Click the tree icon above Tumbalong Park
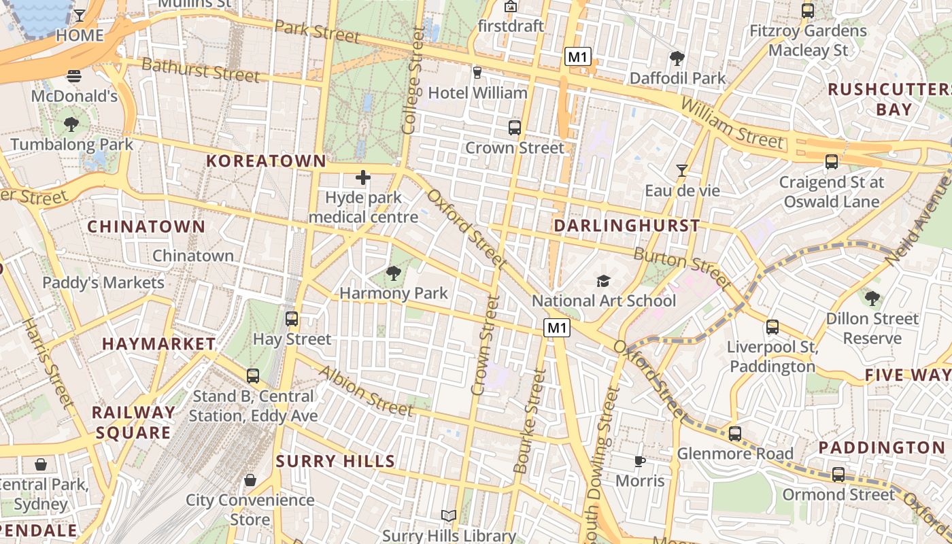[x=71, y=124]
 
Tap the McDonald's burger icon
[x=74, y=75]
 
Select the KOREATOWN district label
[x=266, y=161]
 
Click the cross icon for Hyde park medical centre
[x=363, y=178]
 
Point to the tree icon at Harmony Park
[x=393, y=273]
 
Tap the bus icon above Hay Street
[x=292, y=318]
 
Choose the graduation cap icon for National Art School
[x=603, y=281]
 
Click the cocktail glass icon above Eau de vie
[x=682, y=170]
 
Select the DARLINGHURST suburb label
[x=626, y=225]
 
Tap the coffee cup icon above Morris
[x=639, y=461]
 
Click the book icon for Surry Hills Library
[x=448, y=516]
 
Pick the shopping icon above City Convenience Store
[x=250, y=480]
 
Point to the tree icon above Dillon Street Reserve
[x=872, y=298]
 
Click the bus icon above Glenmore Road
[x=735, y=434]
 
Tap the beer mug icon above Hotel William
[x=477, y=72]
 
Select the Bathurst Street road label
[x=201, y=71]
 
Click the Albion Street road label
[x=366, y=391]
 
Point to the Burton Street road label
[x=682, y=267]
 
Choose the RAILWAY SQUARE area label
[x=133, y=422]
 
